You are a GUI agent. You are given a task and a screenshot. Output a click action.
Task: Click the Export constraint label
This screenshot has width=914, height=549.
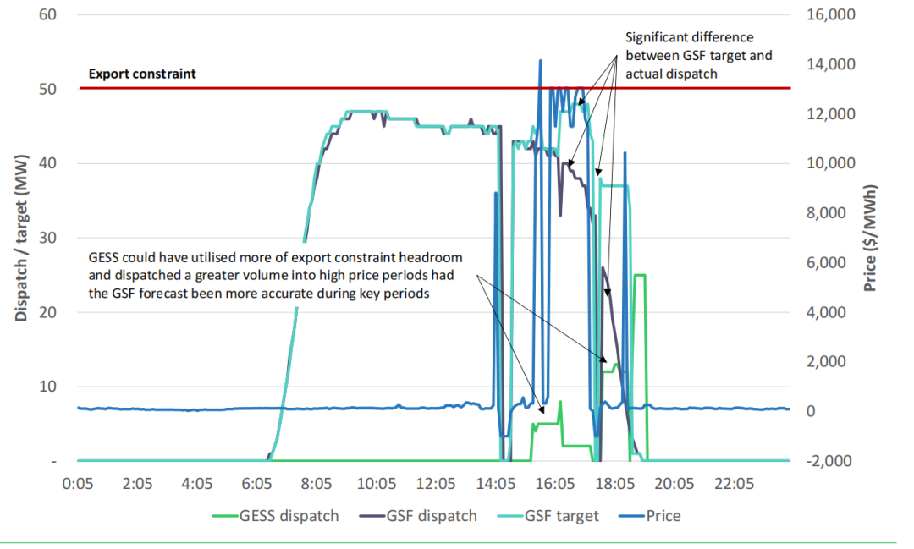click(x=142, y=74)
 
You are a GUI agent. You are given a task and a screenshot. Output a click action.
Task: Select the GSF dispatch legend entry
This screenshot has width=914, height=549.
click(x=431, y=516)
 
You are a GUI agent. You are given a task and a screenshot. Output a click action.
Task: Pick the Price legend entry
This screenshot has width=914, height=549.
click(x=663, y=516)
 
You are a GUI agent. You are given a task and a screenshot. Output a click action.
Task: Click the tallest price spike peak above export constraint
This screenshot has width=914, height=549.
click(x=540, y=61)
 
